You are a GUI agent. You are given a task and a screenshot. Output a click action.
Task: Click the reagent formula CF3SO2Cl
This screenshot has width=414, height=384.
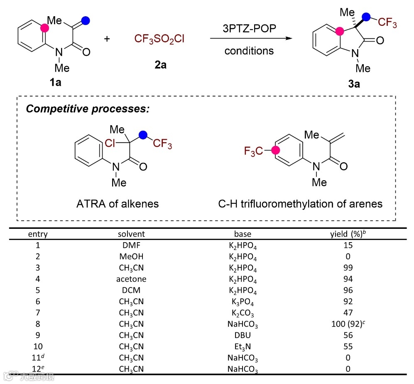click(x=159, y=40)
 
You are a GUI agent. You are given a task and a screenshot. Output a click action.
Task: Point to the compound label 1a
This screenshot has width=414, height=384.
click(x=55, y=82)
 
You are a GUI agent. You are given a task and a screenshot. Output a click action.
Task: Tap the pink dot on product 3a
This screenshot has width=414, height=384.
click(x=340, y=31)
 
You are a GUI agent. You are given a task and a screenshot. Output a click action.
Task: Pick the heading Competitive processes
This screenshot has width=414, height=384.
click(x=88, y=109)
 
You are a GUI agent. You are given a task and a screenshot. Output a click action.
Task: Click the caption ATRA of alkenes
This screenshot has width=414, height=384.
click(x=118, y=204)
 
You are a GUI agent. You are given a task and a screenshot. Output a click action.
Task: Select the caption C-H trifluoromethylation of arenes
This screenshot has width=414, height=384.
click(x=300, y=204)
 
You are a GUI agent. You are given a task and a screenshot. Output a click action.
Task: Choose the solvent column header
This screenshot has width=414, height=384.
click(x=131, y=234)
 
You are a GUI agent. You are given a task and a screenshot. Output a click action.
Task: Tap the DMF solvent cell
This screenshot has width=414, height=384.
click(x=131, y=245)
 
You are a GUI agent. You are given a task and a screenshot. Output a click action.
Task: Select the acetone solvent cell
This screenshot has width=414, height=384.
click(x=131, y=279)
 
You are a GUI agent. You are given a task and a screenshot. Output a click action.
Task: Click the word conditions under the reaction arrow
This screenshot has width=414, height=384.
click(x=249, y=51)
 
